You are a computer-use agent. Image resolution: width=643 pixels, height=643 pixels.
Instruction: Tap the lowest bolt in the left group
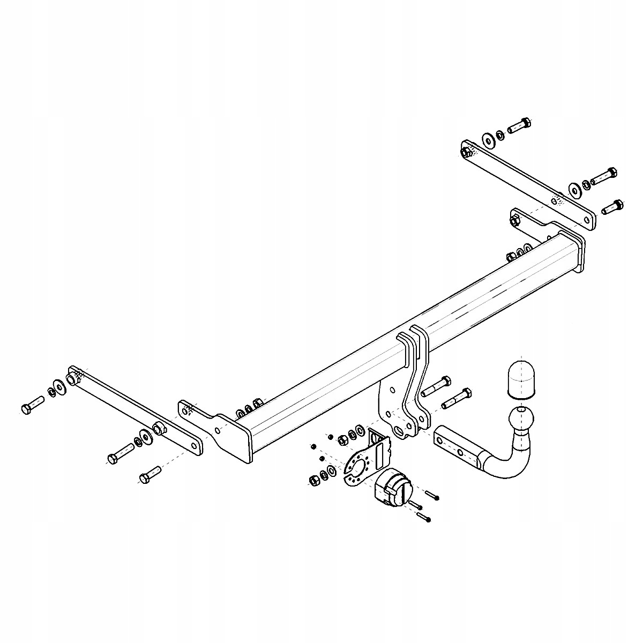tap(149, 474)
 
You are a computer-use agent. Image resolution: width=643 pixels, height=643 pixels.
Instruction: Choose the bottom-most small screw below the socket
tap(423, 517)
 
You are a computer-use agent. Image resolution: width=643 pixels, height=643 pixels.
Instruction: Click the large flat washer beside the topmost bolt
tap(488, 138)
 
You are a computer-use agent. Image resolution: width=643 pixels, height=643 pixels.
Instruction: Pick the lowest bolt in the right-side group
tap(611, 206)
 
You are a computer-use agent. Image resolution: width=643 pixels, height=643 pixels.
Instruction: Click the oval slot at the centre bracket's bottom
tap(399, 431)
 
